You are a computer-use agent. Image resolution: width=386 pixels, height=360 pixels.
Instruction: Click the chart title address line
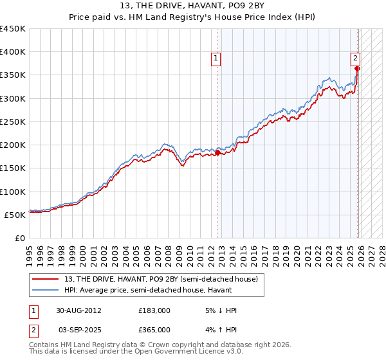click(x=193, y=6)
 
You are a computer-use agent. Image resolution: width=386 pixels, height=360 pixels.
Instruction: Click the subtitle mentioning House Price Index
click(x=193, y=17)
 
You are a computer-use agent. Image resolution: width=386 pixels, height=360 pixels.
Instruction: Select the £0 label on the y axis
click(x=21, y=238)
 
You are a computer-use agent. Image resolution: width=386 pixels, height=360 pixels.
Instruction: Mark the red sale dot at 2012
click(x=217, y=153)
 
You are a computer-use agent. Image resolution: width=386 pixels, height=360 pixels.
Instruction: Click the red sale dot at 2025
click(x=357, y=69)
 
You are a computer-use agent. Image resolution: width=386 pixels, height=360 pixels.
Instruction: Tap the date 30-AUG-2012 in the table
click(x=78, y=310)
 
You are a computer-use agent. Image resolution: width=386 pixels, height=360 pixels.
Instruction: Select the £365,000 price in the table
click(x=154, y=329)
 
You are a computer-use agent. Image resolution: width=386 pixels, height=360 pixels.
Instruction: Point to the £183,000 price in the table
click(x=154, y=310)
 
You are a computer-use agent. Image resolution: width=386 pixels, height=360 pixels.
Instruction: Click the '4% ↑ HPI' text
click(x=220, y=329)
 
